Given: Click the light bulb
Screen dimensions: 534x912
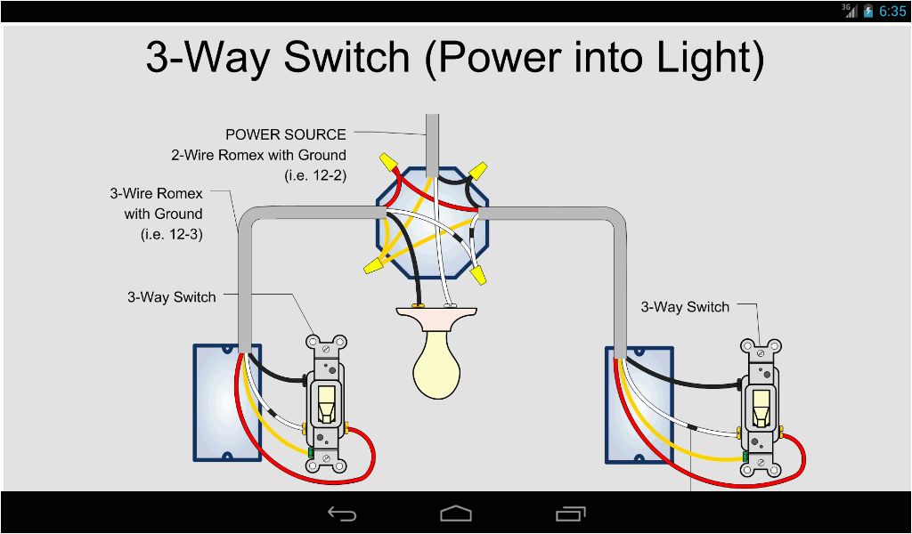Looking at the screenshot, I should click(436, 364).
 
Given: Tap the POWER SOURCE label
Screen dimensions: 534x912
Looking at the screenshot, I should click(285, 134).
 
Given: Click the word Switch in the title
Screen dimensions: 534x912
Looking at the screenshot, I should click(347, 59).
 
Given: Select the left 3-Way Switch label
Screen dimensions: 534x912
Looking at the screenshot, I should click(171, 297).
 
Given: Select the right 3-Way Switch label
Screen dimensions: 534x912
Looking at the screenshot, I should click(685, 307).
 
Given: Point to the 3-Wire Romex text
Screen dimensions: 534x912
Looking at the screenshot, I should click(156, 193).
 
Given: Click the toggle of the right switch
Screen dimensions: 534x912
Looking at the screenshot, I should click(761, 408).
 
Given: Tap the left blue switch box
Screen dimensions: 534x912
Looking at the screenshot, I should click(226, 402).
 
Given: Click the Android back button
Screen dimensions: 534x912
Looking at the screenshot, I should click(342, 514).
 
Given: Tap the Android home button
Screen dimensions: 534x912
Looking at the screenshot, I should click(456, 514).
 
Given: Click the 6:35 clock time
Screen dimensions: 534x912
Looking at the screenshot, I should click(892, 12).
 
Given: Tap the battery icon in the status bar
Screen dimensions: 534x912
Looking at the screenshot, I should click(868, 12).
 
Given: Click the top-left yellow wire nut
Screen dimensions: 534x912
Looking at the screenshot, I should click(387, 161).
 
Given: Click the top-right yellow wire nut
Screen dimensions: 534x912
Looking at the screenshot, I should click(477, 168).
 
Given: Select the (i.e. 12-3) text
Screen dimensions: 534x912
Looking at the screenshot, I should click(171, 234).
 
